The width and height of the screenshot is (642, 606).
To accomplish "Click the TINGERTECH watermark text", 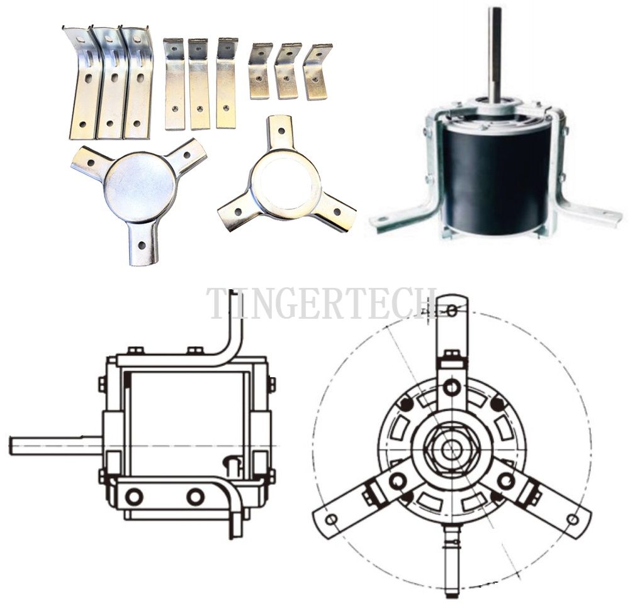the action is pyautogui.click(x=322, y=303).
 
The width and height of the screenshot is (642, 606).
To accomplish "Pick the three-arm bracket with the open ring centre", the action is pyautogui.click(x=286, y=180).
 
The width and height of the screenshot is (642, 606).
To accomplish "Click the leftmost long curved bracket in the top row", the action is pyautogui.click(x=84, y=82).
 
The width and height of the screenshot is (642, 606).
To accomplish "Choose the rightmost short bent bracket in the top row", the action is pyautogui.click(x=317, y=71).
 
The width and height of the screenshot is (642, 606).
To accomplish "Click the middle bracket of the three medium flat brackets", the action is pyautogui.click(x=199, y=84).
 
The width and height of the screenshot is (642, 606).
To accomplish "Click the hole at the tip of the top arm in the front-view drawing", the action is pyautogui.click(x=451, y=311).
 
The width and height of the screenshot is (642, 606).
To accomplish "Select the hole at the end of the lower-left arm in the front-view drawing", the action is pyautogui.click(x=331, y=520).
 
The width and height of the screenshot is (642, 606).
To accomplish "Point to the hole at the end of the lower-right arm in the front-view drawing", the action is pyautogui.click(x=573, y=520).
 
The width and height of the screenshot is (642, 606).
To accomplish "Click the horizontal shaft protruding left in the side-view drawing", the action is pyautogui.click(x=55, y=445).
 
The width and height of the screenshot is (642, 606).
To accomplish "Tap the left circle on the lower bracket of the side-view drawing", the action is pyautogui.click(x=134, y=497).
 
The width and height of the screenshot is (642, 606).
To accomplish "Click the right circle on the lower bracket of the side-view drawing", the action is pyautogui.click(x=195, y=497).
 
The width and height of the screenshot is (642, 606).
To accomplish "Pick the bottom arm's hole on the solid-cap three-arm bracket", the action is pyautogui.click(x=142, y=245).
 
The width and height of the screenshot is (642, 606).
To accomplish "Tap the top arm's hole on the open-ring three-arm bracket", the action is pyautogui.click(x=281, y=131).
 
